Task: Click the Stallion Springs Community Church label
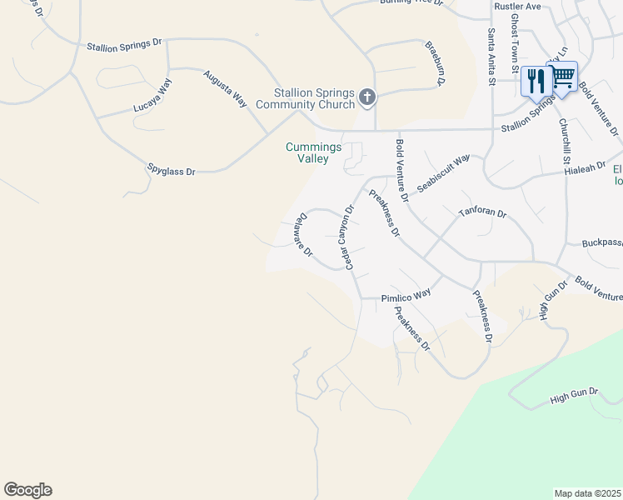click(x=305, y=98)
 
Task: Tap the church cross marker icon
click(x=366, y=98)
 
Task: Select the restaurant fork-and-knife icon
click(x=535, y=81)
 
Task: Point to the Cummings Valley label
click(x=313, y=152)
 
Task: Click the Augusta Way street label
click(x=227, y=88)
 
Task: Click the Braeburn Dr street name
click(x=435, y=64)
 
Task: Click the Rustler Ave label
click(x=517, y=7)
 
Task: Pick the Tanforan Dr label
click(x=482, y=213)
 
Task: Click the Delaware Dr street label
click(x=302, y=235)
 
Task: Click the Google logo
click(x=27, y=490)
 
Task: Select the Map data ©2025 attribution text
click(x=586, y=493)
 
